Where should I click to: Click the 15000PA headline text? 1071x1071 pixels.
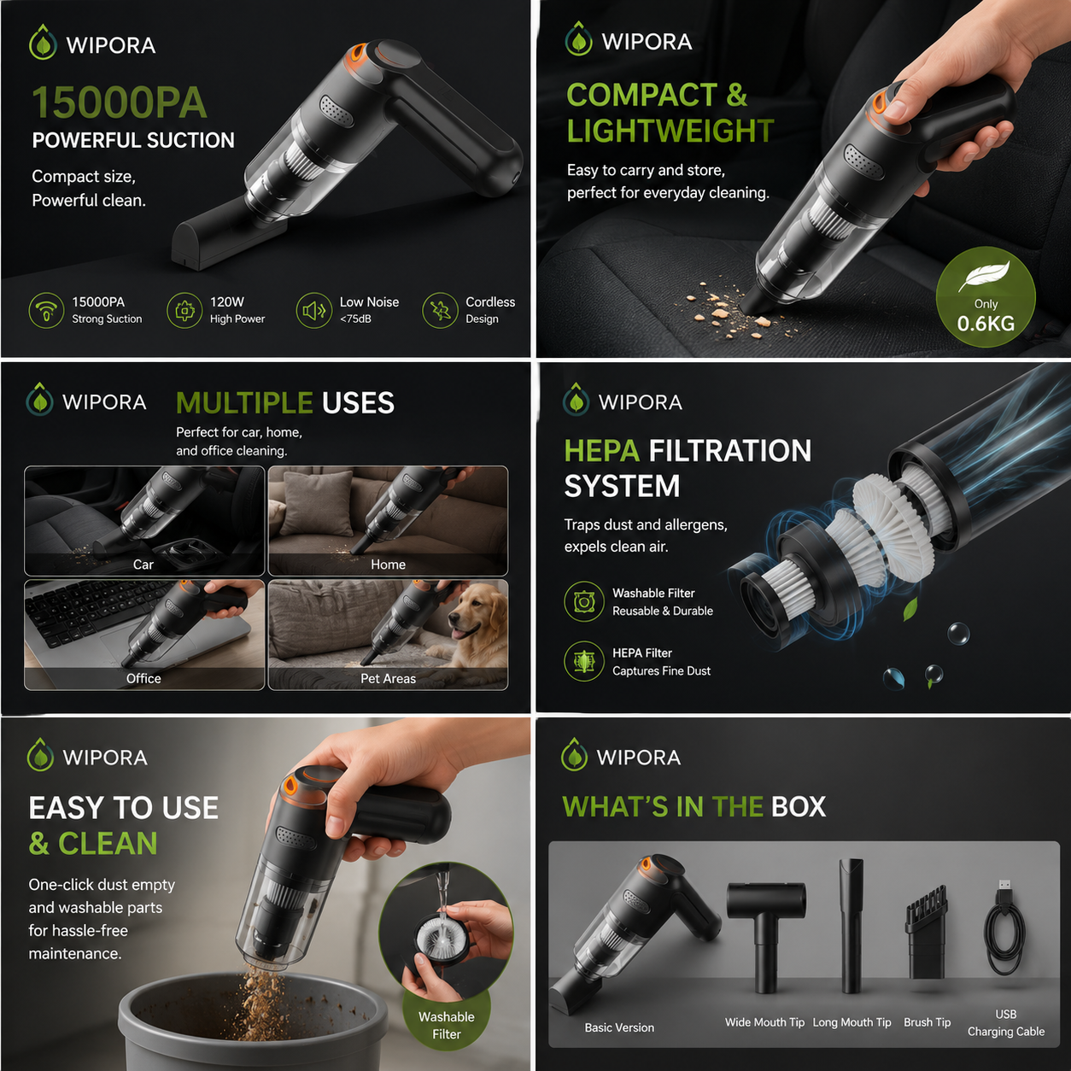(x=120, y=103)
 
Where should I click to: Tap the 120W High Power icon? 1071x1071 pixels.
(x=184, y=311)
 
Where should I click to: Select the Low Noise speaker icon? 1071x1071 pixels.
(x=313, y=311)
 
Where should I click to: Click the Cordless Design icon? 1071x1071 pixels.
(x=440, y=311)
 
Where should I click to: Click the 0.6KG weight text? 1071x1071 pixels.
(x=986, y=324)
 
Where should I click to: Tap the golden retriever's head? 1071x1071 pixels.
(x=469, y=612)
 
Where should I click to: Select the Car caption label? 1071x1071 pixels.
(x=143, y=565)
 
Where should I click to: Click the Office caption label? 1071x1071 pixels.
(x=143, y=679)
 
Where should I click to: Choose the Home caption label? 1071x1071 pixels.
(x=388, y=565)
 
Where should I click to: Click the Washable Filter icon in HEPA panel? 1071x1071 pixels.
(x=583, y=601)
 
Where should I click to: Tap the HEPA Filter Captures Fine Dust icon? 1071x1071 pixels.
(x=583, y=661)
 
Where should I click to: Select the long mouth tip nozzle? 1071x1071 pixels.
(x=851, y=926)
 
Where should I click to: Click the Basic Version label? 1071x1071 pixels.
(x=619, y=1028)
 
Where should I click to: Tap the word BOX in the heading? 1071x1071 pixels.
(x=799, y=807)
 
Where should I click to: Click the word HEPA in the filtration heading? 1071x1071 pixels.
(x=602, y=451)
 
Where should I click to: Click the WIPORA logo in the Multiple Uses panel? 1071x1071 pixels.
(x=86, y=401)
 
